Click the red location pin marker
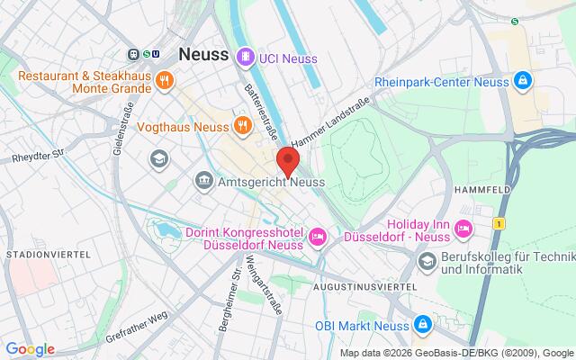288,161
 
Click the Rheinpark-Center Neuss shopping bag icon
522,79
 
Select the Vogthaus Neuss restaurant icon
241,126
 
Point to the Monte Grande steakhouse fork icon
164,79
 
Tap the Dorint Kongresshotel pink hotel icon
317,237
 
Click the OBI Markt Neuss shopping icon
423,300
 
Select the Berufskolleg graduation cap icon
427,261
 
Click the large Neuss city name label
203,55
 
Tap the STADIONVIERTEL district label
47,256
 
